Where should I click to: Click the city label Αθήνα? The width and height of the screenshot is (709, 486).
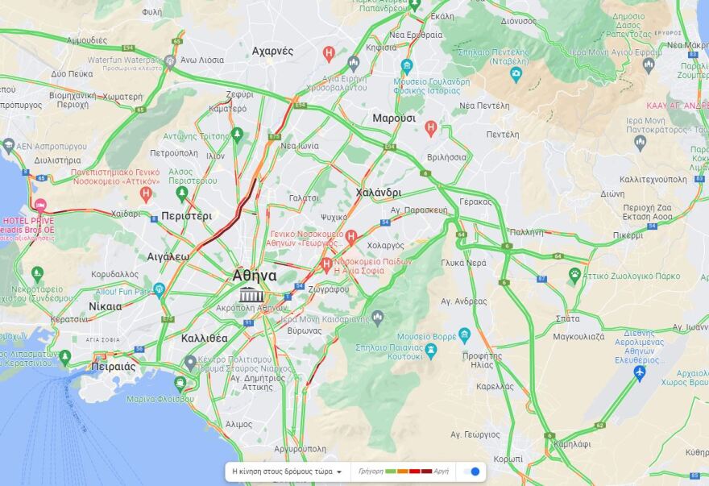255,275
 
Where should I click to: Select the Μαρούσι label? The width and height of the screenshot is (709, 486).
394,118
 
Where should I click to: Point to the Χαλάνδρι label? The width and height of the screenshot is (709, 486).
378,193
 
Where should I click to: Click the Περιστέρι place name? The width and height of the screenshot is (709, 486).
186,216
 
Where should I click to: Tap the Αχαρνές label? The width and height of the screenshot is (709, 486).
272,51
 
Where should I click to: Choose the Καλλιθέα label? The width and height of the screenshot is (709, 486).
204,338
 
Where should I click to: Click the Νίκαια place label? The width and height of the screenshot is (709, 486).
105,306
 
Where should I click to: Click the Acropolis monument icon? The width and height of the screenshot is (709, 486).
251,294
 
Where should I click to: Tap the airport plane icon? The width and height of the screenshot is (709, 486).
640,372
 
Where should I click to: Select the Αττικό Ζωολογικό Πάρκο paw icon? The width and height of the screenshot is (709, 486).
574,274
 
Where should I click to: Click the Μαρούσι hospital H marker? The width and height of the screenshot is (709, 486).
431,127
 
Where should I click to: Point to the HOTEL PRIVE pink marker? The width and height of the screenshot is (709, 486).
40,206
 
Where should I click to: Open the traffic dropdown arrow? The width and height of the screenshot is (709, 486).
339,471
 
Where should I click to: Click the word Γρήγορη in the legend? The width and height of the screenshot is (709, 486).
370,471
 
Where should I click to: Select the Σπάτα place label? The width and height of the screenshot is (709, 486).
567,319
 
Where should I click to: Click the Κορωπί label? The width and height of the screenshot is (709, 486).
508,459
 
